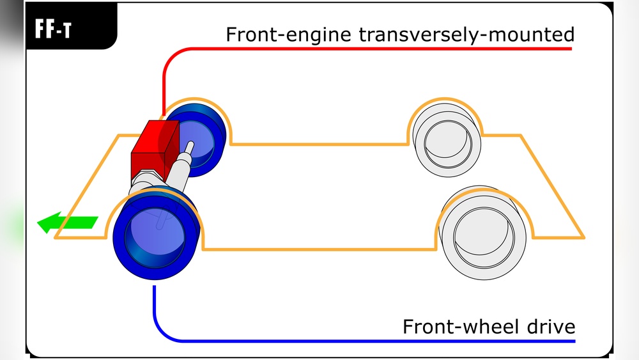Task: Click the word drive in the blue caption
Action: click(x=548, y=326)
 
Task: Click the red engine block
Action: click(x=153, y=149)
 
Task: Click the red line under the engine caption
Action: click(x=383, y=48)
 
